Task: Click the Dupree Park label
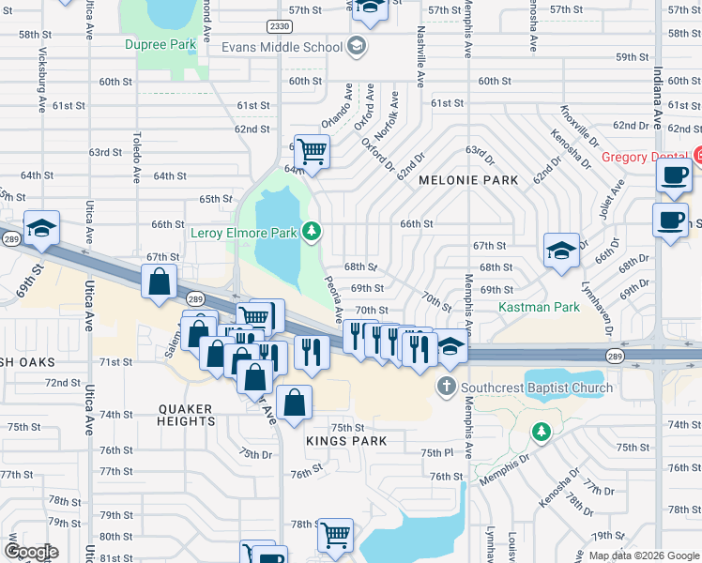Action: (x=160, y=44)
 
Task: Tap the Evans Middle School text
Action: (x=282, y=47)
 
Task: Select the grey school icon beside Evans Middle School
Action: (x=356, y=46)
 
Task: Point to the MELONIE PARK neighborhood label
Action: (x=456, y=179)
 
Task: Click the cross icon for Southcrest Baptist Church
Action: (x=446, y=387)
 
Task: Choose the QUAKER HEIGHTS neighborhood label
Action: (x=187, y=415)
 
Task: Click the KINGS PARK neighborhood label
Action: (x=333, y=438)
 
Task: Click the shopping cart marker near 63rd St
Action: (x=312, y=149)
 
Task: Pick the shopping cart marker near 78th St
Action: (x=335, y=534)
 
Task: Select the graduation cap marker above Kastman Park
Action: (x=561, y=251)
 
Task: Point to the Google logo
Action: (x=30, y=552)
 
